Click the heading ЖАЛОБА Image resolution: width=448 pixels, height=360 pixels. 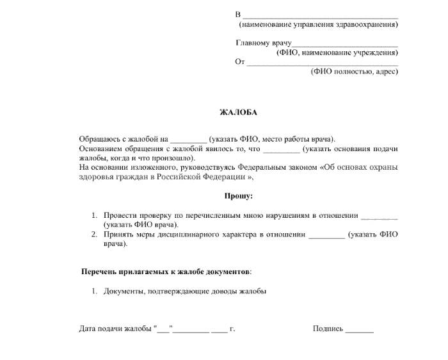(x=238, y=112)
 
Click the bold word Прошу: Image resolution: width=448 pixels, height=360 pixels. (x=238, y=195)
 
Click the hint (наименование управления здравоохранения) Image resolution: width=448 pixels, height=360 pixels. (x=318, y=24)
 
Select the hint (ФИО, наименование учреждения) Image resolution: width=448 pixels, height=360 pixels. (x=337, y=53)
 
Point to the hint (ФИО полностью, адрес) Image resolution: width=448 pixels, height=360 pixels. (x=354, y=71)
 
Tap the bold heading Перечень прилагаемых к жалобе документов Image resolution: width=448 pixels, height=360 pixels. (x=166, y=272)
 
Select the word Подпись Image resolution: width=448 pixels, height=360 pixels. (x=328, y=329)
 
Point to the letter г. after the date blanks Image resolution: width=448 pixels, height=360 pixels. (x=232, y=329)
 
